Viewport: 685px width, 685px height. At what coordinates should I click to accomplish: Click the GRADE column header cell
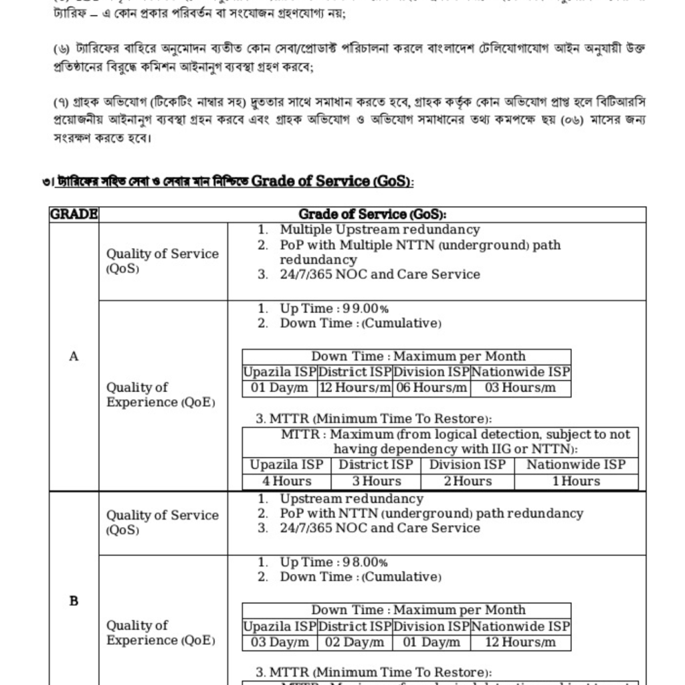point(74,215)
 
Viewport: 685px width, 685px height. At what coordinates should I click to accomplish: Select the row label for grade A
point(74,357)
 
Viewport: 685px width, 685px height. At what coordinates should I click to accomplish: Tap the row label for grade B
point(74,601)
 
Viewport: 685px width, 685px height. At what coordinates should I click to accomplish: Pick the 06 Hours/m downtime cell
point(431,388)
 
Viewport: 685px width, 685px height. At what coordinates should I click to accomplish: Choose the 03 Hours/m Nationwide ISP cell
point(520,388)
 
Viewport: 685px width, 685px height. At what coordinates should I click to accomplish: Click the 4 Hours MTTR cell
point(286,481)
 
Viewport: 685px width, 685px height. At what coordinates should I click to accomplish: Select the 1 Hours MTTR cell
point(576,481)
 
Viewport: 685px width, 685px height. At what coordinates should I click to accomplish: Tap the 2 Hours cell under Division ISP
point(467,481)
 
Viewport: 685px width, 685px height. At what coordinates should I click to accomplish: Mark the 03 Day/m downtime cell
point(280,642)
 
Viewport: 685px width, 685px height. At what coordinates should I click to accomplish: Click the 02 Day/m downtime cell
point(355,642)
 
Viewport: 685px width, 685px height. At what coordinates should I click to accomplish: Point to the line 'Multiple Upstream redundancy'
point(379,230)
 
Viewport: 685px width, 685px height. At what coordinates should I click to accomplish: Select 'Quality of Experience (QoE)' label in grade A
point(161,395)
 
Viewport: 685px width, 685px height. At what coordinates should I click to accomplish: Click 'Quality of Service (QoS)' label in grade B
point(163,522)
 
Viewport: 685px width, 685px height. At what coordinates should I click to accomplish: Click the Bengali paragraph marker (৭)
point(60,102)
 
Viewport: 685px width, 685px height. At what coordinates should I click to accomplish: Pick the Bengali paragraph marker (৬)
point(60,50)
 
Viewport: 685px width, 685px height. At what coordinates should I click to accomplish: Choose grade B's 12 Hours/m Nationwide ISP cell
point(520,642)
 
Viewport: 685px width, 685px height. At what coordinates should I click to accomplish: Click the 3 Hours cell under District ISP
point(377,481)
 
